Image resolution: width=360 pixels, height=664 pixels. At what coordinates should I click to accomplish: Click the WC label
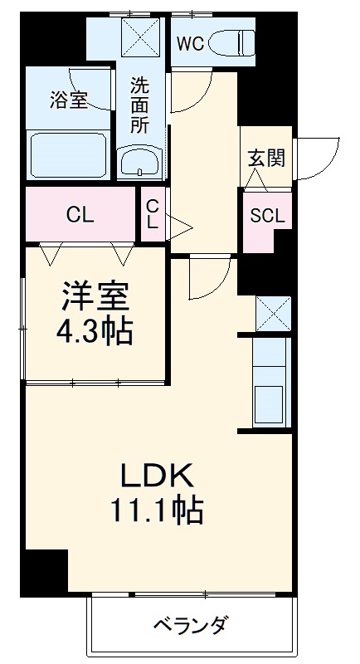(190, 45)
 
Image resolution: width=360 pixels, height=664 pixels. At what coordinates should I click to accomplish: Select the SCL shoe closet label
(267, 216)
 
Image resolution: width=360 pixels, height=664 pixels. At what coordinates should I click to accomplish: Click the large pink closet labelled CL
(80, 215)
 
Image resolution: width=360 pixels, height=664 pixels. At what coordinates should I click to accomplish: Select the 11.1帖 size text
(158, 510)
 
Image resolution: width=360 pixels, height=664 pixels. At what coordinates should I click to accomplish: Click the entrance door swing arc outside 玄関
(317, 155)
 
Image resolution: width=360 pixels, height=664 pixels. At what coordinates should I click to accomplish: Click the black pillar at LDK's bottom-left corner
(44, 572)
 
